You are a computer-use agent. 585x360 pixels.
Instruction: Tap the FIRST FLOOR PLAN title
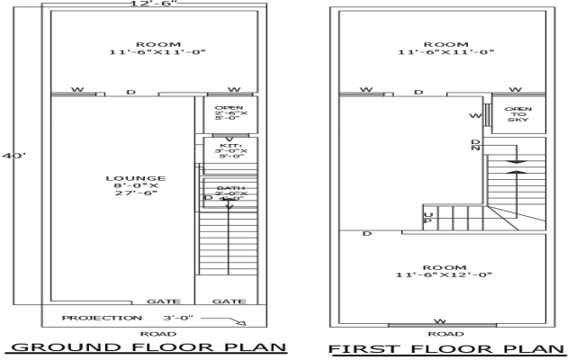447,348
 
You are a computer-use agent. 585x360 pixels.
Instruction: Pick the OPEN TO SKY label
518,114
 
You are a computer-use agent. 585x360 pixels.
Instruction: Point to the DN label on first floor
475,145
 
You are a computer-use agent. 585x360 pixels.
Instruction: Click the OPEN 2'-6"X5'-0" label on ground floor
229,112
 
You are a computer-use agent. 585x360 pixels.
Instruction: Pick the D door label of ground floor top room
130,90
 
